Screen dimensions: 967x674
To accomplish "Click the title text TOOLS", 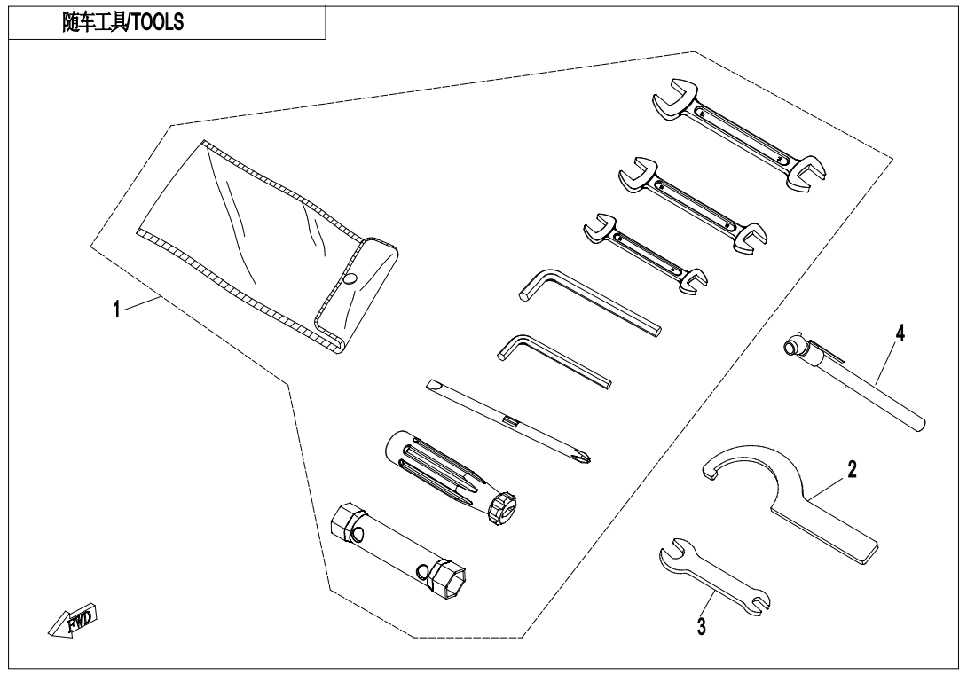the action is pyautogui.click(x=157, y=23).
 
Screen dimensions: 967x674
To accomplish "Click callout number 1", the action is pyautogui.click(x=116, y=309).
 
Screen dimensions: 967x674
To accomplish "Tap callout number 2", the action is pyautogui.click(x=852, y=470).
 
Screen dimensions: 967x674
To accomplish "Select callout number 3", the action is pyautogui.click(x=701, y=626).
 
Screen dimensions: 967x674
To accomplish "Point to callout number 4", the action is pyautogui.click(x=900, y=334).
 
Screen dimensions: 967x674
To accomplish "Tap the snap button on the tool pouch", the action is pyautogui.click(x=350, y=278).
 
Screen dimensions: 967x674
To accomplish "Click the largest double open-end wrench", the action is pyautogui.click(x=738, y=133).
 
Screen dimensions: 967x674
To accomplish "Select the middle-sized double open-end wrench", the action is pyautogui.click(x=693, y=204).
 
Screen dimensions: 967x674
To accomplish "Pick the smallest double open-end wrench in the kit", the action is pyautogui.click(x=645, y=254).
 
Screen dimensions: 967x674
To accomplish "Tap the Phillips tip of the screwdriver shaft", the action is pyautogui.click(x=585, y=456).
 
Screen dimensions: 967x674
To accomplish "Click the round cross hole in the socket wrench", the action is pyautogui.click(x=421, y=572).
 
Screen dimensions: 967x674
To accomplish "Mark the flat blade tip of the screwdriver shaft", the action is pyautogui.click(x=433, y=386).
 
